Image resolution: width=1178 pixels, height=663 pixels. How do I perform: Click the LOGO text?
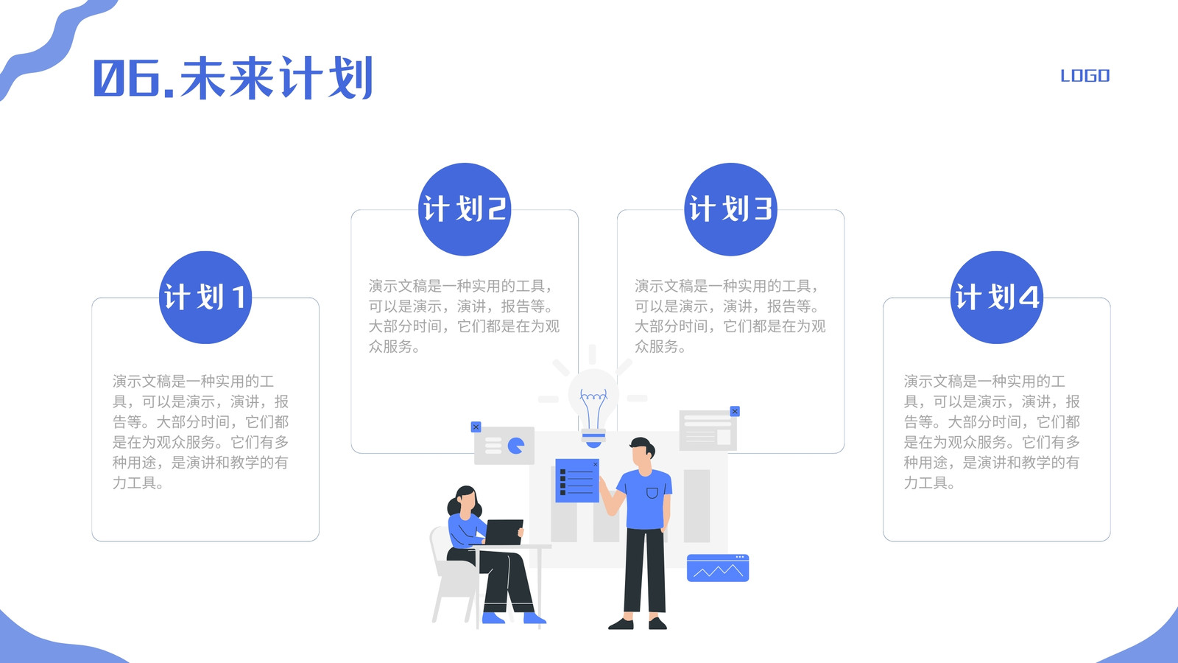(1085, 76)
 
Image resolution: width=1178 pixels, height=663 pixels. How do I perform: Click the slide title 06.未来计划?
(233, 78)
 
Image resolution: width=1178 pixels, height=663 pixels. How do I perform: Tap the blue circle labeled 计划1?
(205, 298)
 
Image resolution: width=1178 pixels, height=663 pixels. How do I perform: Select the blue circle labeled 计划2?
(465, 209)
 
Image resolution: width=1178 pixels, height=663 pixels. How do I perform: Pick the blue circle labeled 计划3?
(730, 209)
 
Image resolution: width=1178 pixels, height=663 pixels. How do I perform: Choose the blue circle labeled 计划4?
(997, 298)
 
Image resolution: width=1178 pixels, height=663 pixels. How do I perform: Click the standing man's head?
(643, 452)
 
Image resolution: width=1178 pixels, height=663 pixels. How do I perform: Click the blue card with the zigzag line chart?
(718, 568)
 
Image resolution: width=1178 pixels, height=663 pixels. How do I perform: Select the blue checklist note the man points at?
(577, 480)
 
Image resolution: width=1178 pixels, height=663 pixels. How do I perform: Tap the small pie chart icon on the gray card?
(516, 446)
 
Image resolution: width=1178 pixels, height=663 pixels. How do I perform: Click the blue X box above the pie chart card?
(476, 427)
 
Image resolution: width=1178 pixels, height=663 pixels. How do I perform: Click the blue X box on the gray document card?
(736, 411)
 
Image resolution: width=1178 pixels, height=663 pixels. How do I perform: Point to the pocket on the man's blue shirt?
(652, 493)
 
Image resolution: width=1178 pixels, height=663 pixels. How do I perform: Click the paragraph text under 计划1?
(200, 432)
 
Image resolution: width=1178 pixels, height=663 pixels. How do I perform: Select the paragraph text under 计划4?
(991, 432)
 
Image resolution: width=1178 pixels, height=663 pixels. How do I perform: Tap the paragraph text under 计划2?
(464, 316)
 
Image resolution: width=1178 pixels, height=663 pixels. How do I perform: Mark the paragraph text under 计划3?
(730, 316)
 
